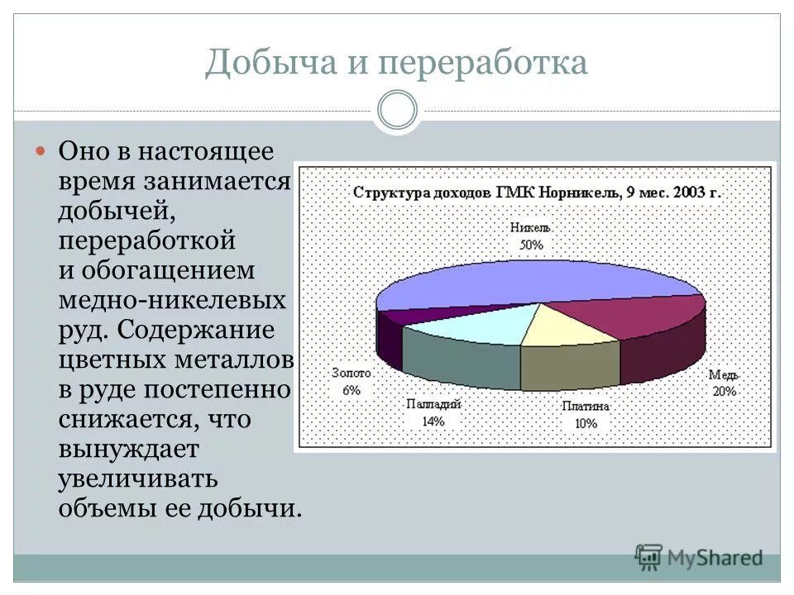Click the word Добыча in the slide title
pos(263,64)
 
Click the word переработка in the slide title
pos(482,64)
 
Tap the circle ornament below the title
pos(397,110)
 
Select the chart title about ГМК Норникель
pos(538,193)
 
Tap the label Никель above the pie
pos(531,227)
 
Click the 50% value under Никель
pos(531,245)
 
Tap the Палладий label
pos(433,404)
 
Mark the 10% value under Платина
pos(586,423)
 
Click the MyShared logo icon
pos(649,558)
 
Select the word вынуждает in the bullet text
pos(128,449)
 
